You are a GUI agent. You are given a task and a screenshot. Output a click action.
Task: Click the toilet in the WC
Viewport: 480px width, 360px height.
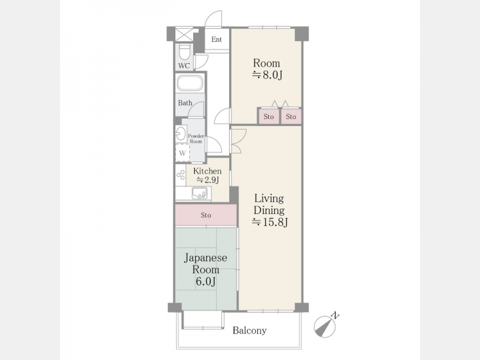point(184,52)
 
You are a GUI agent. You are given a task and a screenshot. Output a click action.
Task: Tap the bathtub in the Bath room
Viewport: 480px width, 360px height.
point(190,83)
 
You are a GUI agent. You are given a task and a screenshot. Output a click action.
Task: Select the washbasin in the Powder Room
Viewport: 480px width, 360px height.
point(180,133)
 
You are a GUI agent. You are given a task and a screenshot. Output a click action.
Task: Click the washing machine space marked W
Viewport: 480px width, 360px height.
point(182,153)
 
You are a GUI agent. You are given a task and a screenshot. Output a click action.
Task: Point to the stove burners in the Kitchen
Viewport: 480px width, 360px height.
point(181,175)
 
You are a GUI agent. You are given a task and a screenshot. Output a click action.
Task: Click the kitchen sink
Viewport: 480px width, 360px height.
point(199,193)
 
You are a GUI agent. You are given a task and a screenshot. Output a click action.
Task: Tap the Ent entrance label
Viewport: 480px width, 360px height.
point(217,39)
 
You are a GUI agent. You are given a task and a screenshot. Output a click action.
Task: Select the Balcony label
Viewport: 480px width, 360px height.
point(250,331)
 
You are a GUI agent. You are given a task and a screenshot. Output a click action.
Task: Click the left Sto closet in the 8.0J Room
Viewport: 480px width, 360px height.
point(268,116)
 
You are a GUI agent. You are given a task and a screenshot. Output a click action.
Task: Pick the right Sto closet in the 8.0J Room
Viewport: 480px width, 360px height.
point(291,116)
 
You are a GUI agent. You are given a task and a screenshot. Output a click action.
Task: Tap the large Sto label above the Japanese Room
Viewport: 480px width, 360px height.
point(206,215)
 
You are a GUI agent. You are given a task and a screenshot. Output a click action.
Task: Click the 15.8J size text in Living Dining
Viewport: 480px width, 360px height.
point(269,222)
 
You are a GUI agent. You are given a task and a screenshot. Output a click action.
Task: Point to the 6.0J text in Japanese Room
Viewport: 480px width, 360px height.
point(206,281)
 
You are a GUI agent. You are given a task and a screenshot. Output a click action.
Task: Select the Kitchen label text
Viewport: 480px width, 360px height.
point(207,171)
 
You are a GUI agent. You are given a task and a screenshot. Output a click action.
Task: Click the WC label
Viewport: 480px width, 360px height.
point(184,65)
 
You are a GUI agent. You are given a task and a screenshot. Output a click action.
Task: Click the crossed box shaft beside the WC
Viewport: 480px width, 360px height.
point(184,34)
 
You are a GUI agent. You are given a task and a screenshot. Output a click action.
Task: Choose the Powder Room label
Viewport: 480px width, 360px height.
point(196,139)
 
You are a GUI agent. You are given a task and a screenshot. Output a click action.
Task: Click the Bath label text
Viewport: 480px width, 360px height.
point(185,103)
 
